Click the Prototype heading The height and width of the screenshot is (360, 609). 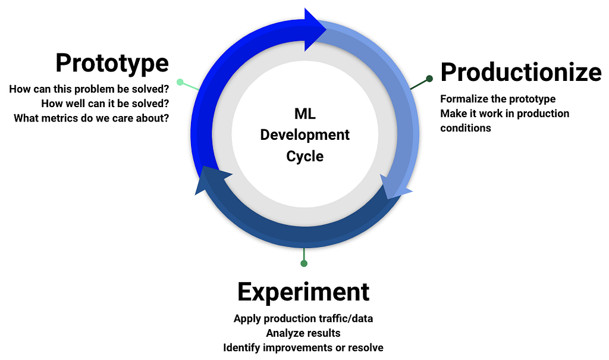click(112, 63)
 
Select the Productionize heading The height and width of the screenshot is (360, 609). click(521, 73)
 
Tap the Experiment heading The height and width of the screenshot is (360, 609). click(303, 292)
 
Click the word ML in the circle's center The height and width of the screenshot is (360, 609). click(305, 114)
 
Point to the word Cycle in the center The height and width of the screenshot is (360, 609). click(305, 156)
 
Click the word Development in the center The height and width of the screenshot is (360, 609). click(305, 135)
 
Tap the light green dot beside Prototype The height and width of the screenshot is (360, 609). click(180, 82)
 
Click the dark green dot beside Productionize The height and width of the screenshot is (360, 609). click(429, 79)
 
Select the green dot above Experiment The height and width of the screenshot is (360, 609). click(304, 264)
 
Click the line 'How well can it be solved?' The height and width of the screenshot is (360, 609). click(105, 104)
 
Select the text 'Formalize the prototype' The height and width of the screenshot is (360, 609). click(498, 99)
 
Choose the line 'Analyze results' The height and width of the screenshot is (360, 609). click(303, 333)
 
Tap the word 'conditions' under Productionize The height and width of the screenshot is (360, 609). click(466, 129)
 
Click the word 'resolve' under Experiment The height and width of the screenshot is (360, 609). click(366, 348)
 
